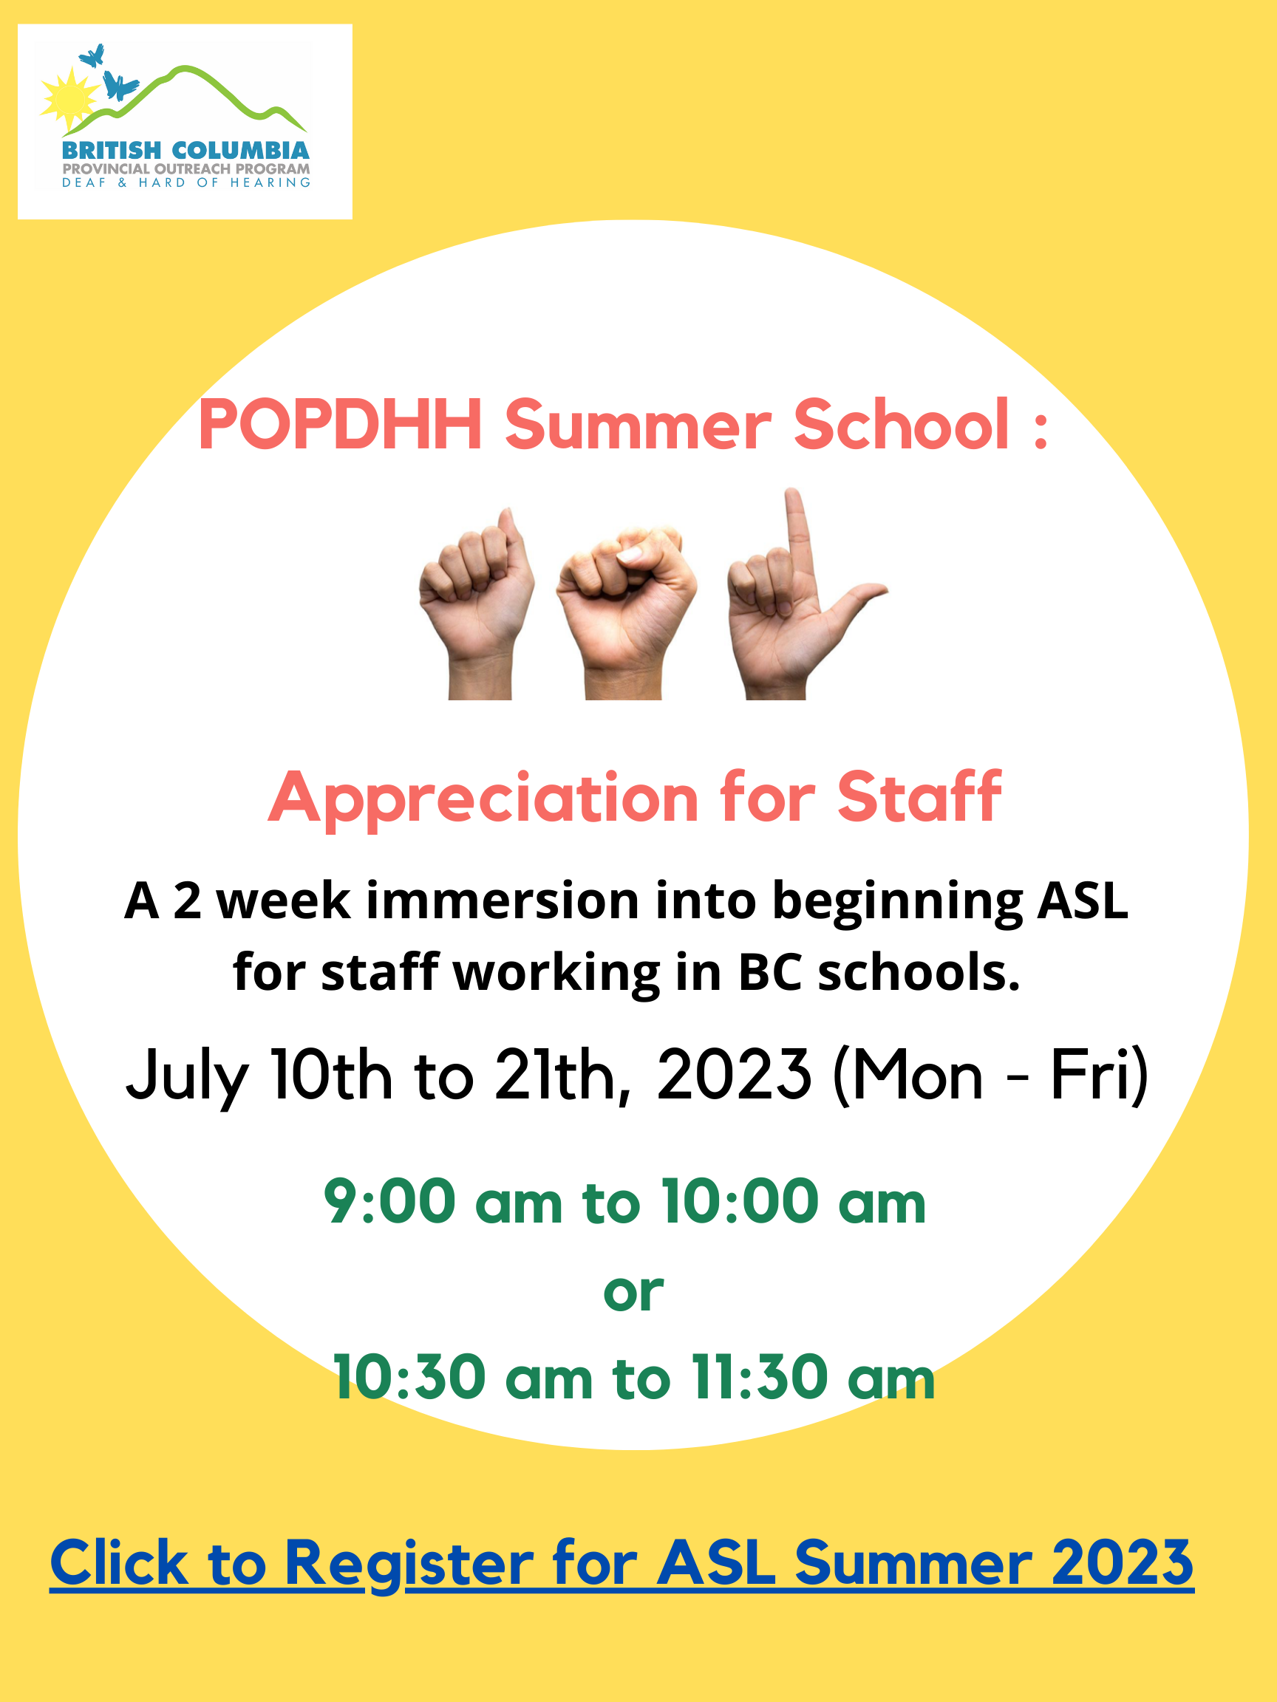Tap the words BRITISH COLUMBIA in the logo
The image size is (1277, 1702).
pos(185,151)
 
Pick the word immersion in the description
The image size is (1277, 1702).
pos(503,900)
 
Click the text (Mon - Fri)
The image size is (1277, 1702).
pos(991,1076)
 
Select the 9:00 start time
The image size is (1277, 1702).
pos(389,1201)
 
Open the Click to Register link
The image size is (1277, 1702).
pos(622,1562)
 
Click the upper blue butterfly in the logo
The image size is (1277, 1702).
pos(92,55)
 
